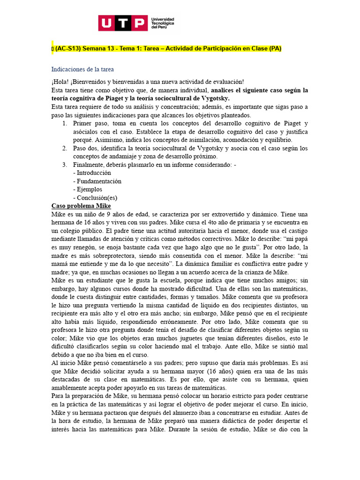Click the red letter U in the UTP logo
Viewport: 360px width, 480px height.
coord(107,23)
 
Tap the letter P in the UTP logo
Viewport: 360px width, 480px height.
coord(139,23)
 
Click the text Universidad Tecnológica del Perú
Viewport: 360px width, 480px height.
coord(162,23)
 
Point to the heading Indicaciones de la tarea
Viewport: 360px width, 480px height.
coord(82,69)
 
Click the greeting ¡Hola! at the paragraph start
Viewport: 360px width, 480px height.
coord(61,82)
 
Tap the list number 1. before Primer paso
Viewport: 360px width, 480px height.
coord(65,123)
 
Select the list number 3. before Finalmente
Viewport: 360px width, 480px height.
coord(65,165)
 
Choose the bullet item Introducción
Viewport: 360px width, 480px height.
coord(92,173)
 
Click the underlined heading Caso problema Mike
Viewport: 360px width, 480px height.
coord(81,206)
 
